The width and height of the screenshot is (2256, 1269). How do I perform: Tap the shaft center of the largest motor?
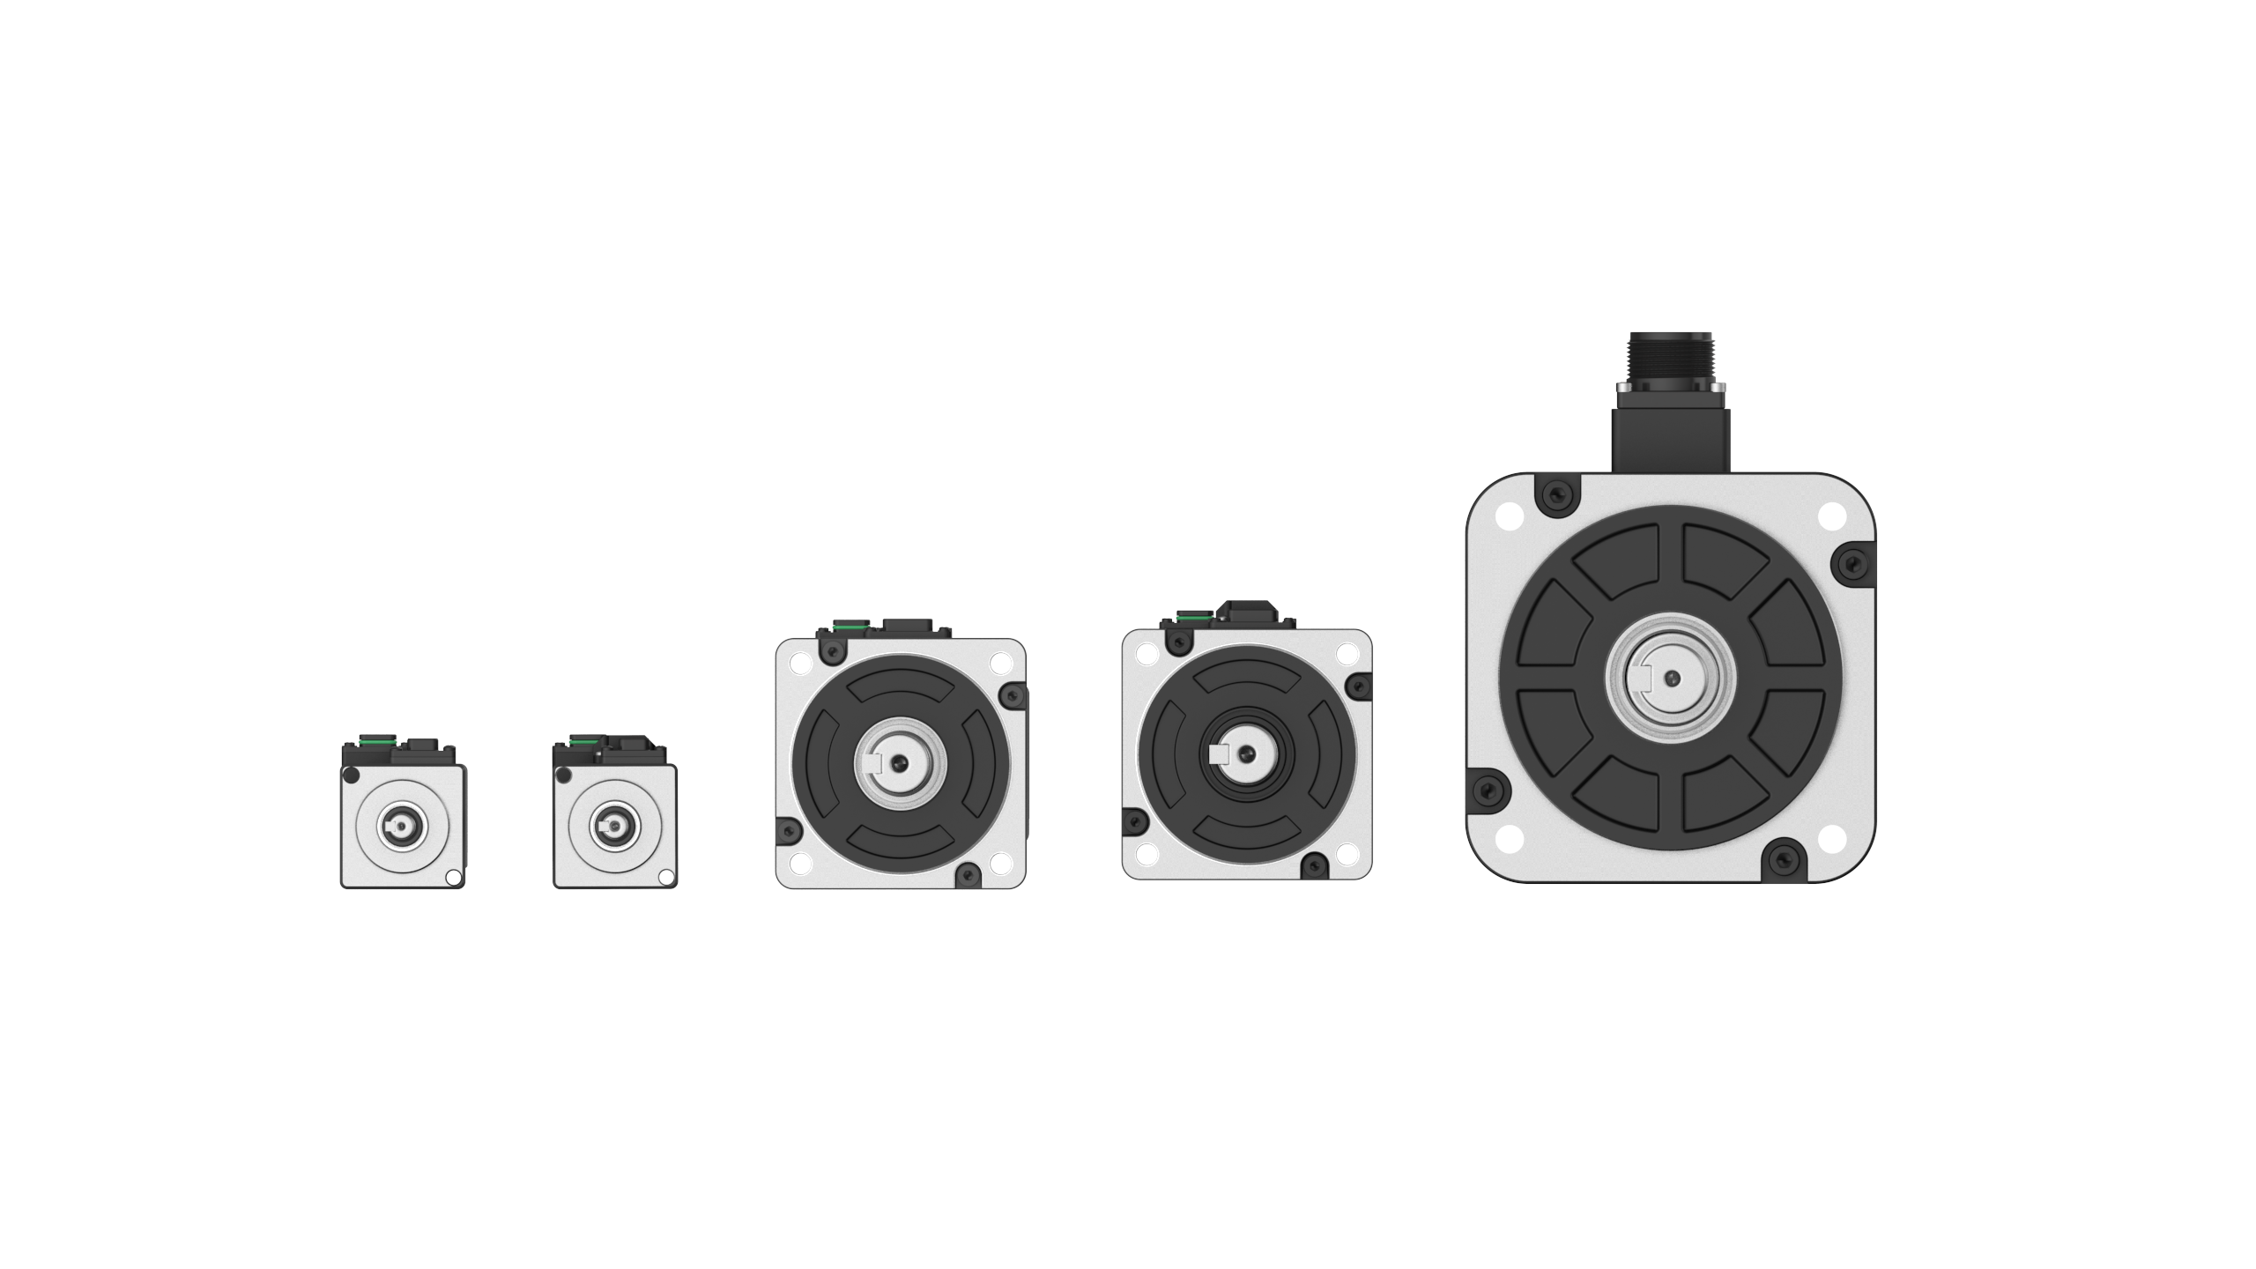(1671, 678)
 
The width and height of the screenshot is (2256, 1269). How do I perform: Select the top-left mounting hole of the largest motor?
(1510, 516)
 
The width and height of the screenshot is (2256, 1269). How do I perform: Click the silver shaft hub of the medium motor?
(900, 761)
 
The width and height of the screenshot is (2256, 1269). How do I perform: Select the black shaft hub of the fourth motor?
(1246, 753)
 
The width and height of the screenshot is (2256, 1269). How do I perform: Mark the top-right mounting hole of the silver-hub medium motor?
(1000, 663)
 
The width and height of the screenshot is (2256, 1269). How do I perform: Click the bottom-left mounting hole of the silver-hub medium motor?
(800, 863)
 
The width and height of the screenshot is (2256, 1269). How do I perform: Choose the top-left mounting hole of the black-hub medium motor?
(1147, 654)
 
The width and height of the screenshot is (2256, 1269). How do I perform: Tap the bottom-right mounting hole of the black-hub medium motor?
(1347, 854)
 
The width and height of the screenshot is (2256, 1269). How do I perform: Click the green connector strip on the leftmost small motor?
(377, 741)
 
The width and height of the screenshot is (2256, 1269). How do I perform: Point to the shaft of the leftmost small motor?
(402, 826)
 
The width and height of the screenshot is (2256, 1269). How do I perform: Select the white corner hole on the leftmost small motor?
(453, 877)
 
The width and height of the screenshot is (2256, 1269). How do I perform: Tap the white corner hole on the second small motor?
(666, 877)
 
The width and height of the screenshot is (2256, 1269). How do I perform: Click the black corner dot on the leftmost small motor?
(351, 775)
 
